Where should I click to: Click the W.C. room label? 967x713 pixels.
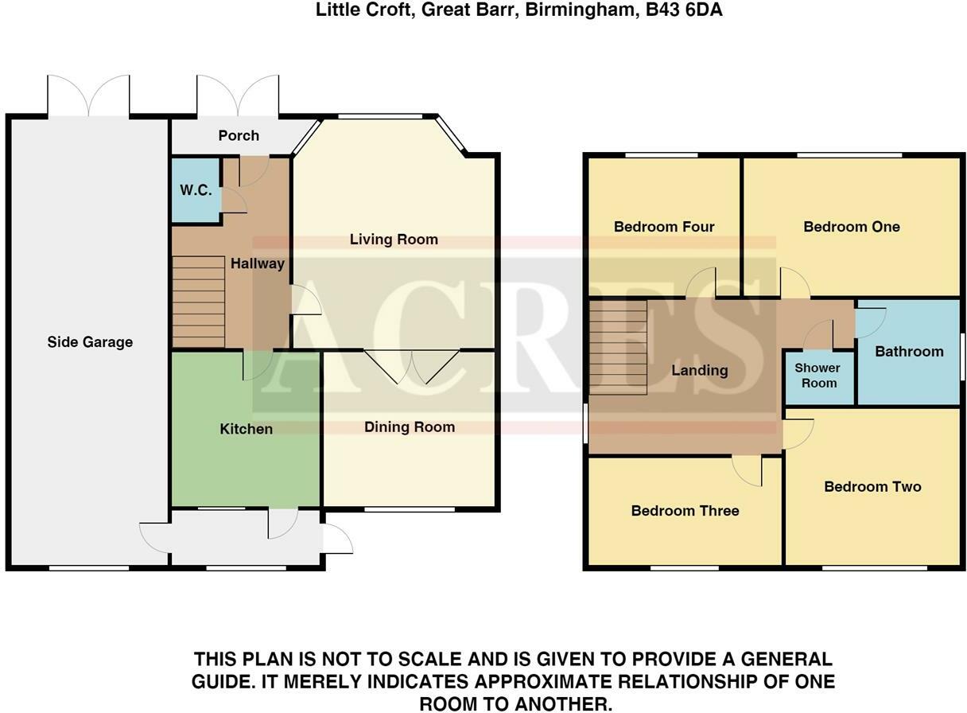coord(196,190)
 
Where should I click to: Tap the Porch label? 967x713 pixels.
coord(239,135)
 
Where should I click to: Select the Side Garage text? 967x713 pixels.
coord(90,342)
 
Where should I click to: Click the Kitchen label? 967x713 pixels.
coord(246,429)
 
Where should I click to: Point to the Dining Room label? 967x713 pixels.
coord(410,427)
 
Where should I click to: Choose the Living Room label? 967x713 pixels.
coord(394,240)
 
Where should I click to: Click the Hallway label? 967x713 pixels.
coord(258,263)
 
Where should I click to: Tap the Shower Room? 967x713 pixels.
coord(817,376)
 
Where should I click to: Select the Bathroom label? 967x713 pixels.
coord(909,352)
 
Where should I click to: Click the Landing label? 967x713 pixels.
coord(700,370)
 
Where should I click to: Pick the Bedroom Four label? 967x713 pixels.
coord(664,227)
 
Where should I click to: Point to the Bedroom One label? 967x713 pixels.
coord(852,227)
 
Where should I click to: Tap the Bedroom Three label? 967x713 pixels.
coord(685,511)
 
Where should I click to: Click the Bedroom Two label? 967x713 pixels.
coord(873,487)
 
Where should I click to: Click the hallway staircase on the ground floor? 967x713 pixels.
coord(199,302)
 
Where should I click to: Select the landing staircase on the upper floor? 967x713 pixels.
coord(618,348)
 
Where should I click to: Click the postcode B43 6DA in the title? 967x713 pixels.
coord(684,10)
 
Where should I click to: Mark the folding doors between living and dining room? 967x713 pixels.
coord(412,366)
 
